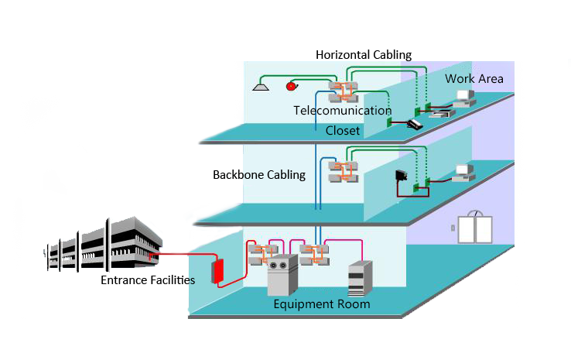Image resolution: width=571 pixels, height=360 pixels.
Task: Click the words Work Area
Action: pyautogui.click(x=474, y=79)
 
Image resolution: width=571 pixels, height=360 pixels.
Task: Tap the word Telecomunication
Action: pyautogui.click(x=343, y=111)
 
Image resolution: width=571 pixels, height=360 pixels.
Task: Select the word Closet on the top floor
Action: pyautogui.click(x=342, y=130)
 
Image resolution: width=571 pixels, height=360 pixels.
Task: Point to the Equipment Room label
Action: pyautogui.click(x=322, y=304)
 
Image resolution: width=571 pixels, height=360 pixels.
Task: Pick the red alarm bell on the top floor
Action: pyautogui.click(x=292, y=86)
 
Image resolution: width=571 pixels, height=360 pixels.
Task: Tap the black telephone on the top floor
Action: pyautogui.click(x=415, y=122)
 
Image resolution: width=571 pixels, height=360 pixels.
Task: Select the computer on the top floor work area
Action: pyautogui.click(x=464, y=98)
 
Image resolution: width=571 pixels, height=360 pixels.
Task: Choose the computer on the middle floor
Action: pyautogui.click(x=463, y=171)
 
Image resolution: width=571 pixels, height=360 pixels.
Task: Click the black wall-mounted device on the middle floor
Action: pyautogui.click(x=402, y=177)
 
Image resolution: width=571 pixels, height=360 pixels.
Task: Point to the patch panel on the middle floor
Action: pyautogui.click(x=344, y=171)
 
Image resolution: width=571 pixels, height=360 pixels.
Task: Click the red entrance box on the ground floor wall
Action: pyautogui.click(x=218, y=269)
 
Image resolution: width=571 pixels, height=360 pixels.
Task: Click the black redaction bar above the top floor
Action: pyautogui.click(x=364, y=54)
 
